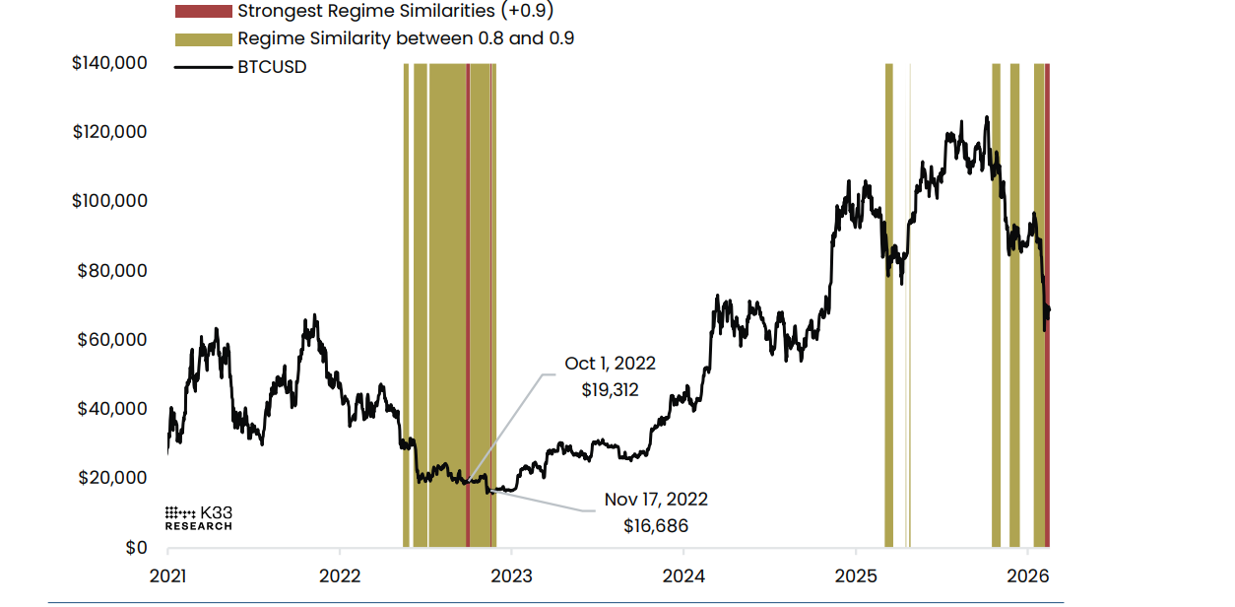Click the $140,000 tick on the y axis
[x=109, y=63]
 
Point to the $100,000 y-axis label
[x=109, y=201]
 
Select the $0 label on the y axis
[x=136, y=548]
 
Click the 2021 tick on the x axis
[x=167, y=574]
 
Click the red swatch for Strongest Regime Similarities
[x=202, y=12]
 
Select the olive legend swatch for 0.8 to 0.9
[x=202, y=39]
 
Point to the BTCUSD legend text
[x=272, y=67]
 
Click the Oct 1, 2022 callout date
[x=610, y=364]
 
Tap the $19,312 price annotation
[x=610, y=389]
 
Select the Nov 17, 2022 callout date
[x=656, y=500]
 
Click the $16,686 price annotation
[x=656, y=525]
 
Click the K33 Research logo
[x=198, y=518]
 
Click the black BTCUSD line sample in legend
[x=202, y=67]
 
